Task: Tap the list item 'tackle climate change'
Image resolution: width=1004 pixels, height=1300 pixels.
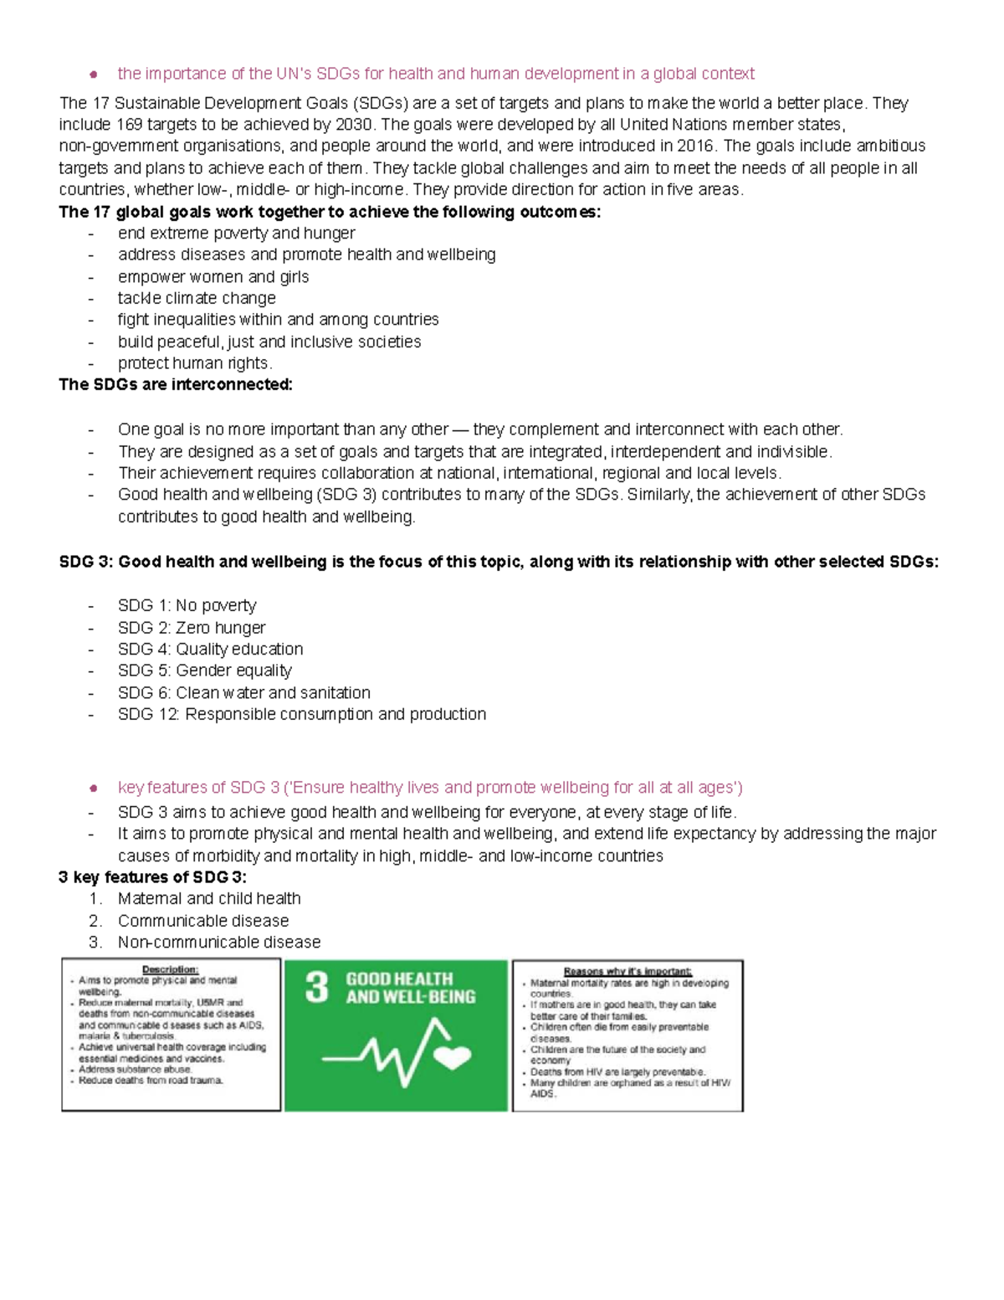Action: pos(197,298)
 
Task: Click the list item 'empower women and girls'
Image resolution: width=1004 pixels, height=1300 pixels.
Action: pos(213,277)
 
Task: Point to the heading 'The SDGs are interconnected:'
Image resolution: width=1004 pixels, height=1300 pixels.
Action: pos(176,385)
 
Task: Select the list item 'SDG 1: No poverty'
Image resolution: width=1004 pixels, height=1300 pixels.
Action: pos(187,605)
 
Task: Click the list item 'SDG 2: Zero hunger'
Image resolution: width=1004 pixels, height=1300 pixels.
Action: pos(192,628)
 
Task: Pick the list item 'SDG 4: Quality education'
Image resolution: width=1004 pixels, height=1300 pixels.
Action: pos(210,649)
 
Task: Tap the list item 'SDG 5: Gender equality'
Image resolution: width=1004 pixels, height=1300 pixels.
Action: pos(205,671)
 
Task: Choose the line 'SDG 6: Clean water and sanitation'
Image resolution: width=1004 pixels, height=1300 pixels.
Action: pos(243,693)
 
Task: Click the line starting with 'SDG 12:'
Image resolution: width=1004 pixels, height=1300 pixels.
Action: pos(301,714)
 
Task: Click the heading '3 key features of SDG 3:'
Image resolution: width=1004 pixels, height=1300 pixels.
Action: pos(152,877)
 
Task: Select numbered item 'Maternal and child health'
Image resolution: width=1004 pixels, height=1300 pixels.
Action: pos(209,899)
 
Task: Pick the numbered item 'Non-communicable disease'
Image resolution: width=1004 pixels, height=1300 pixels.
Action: pos(219,943)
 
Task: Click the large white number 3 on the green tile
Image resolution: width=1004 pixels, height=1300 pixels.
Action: pos(317,988)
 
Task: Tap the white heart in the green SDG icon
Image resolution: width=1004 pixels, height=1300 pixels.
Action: pos(455,1056)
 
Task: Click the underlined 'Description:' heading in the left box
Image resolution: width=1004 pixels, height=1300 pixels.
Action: pos(170,969)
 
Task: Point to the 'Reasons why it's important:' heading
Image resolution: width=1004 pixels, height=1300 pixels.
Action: pos(627,972)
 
